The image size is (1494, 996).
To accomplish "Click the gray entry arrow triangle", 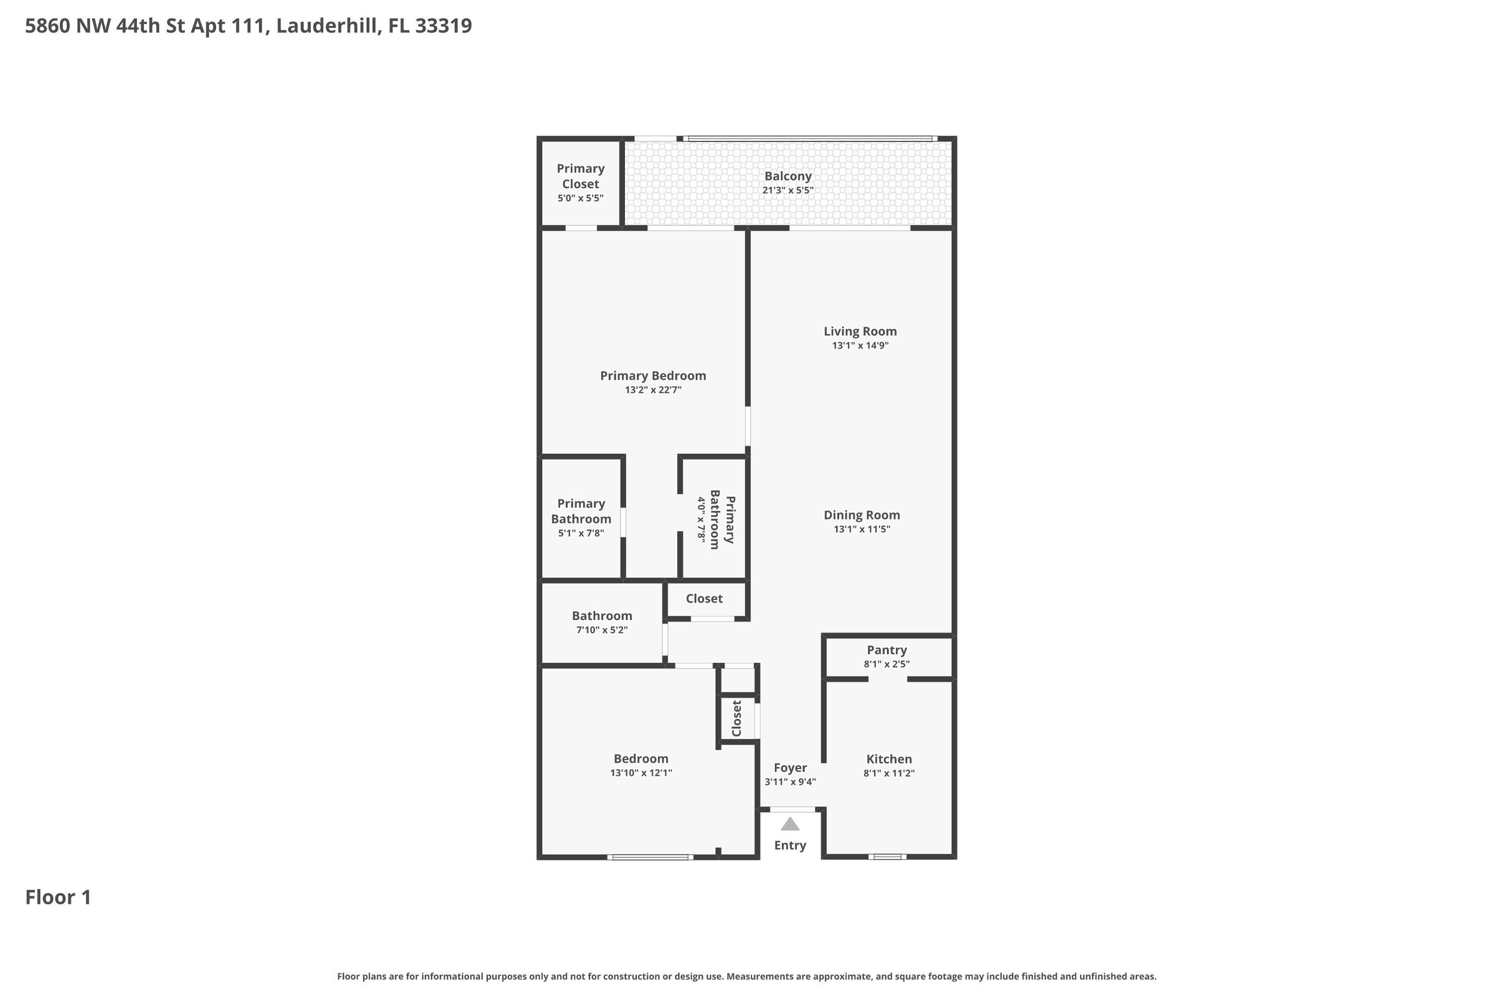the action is pyautogui.click(x=789, y=824).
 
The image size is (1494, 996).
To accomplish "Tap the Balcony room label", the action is pyautogui.click(x=787, y=176).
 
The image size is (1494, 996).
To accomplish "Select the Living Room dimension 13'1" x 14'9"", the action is pyautogui.click(x=860, y=345).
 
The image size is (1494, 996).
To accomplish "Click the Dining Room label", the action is pyautogui.click(x=862, y=515).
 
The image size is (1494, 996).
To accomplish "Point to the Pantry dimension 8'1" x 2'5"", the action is pyautogui.click(x=886, y=664).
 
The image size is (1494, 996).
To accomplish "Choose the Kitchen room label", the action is pyautogui.click(x=889, y=759).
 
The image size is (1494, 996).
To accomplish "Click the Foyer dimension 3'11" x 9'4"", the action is pyautogui.click(x=790, y=782).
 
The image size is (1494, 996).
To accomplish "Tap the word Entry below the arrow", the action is pyautogui.click(x=789, y=845).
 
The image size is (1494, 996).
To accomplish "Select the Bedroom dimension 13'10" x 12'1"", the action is pyautogui.click(x=641, y=773).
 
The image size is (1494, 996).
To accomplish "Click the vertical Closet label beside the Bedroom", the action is pyautogui.click(x=737, y=718).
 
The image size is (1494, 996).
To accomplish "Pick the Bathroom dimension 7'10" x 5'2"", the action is pyautogui.click(x=601, y=630).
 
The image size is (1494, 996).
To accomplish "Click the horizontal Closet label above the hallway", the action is pyautogui.click(x=704, y=598).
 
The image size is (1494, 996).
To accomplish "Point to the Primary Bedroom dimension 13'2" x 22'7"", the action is pyautogui.click(x=653, y=390).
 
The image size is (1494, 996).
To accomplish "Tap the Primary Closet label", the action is pyautogui.click(x=581, y=176).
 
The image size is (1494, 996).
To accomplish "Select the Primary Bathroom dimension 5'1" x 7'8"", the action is pyautogui.click(x=581, y=533).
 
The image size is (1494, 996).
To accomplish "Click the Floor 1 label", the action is pyautogui.click(x=58, y=897).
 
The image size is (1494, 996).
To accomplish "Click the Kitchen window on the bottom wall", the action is pyautogui.click(x=888, y=857).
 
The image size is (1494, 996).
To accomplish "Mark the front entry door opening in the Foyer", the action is pyautogui.click(x=792, y=809).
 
